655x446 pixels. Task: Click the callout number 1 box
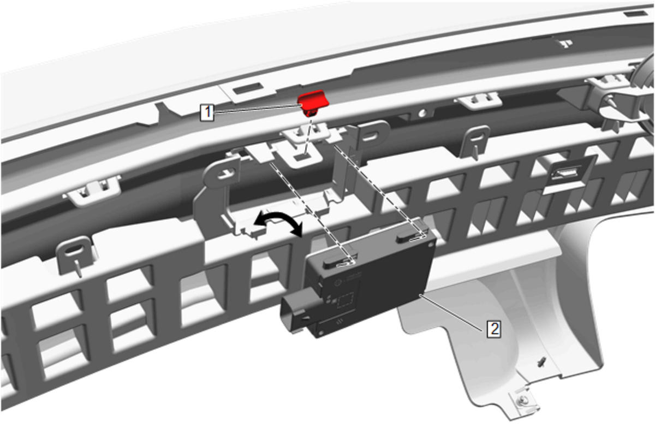(x=207, y=112)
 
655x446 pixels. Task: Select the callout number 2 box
(x=494, y=329)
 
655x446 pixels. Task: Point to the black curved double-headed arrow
(x=278, y=222)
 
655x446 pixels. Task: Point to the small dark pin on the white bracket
(x=541, y=362)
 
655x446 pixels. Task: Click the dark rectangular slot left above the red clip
(x=247, y=88)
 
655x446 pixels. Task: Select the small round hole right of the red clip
(x=421, y=114)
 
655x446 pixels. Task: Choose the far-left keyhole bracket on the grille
(x=75, y=254)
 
